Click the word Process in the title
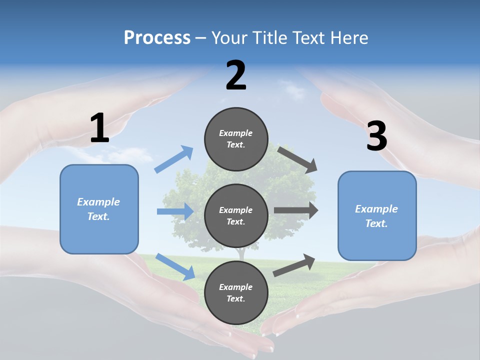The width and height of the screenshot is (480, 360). pos(157,37)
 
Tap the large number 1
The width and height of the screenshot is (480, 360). pos(99,128)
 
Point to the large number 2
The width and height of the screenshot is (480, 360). pos(236,75)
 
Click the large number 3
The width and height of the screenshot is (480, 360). pos(376,136)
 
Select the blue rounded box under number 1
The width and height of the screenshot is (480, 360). pos(99,209)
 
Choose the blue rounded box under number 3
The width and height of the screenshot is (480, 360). pos(377,215)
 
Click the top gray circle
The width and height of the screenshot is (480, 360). pos(236,139)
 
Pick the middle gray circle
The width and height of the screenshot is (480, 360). pos(236,215)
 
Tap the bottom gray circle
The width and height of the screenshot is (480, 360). pos(236,292)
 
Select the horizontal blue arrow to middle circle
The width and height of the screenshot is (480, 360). pos(175,211)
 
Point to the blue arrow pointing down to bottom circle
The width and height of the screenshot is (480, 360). pos(175,266)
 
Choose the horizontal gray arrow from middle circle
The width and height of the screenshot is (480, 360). pos(296,210)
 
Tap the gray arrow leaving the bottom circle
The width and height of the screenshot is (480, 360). pos(294,265)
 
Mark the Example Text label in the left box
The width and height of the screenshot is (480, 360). pos(98,209)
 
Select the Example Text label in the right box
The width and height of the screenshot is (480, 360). pos(376,216)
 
